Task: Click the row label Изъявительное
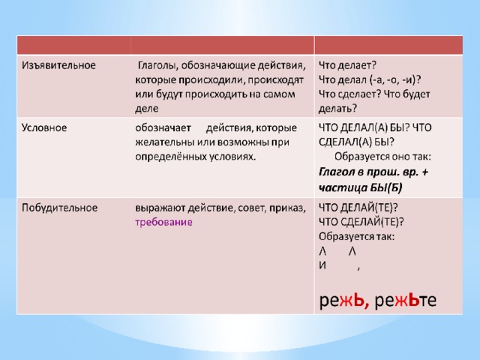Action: [x=58, y=65]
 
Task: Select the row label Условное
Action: [x=44, y=127]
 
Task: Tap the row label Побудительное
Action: [x=60, y=208]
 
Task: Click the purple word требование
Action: [x=163, y=222]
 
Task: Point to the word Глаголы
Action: [x=158, y=65]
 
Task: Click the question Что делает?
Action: [x=347, y=65]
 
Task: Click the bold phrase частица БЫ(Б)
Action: [x=360, y=187]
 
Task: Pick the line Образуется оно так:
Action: [x=382, y=157]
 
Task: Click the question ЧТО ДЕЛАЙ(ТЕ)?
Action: [x=358, y=208]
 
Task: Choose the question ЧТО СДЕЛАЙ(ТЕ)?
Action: [x=361, y=222]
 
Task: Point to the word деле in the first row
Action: [x=147, y=109]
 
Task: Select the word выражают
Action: [x=160, y=208]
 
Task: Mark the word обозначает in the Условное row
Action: [x=163, y=128]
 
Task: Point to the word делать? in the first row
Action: [x=337, y=109]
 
